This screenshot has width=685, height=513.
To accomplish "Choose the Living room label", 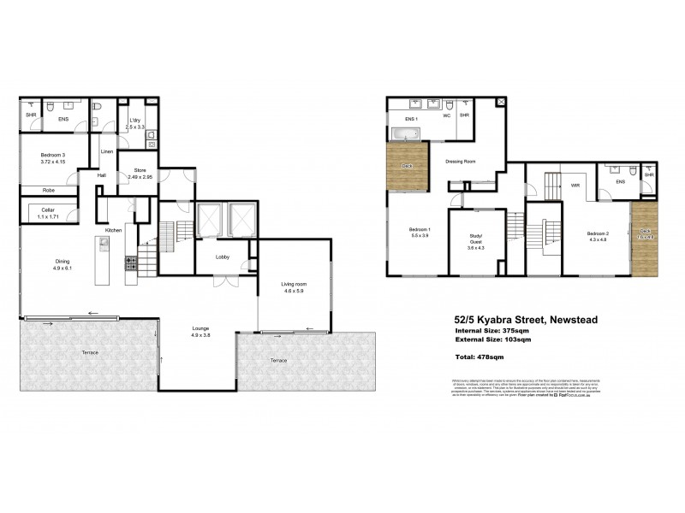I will [293, 287].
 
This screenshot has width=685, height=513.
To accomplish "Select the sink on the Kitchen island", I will [103, 243].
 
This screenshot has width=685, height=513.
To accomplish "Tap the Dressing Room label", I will [460, 161].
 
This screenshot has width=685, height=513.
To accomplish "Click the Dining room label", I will [63, 264].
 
